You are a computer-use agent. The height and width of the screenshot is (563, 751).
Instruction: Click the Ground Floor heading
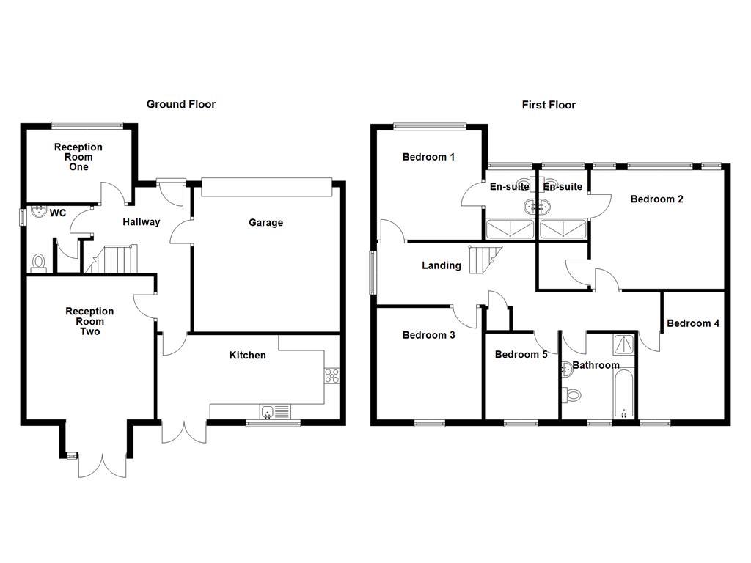click(x=181, y=104)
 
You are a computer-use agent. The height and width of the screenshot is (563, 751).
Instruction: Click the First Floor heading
click(x=549, y=105)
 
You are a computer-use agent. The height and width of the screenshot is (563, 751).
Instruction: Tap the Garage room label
click(x=265, y=223)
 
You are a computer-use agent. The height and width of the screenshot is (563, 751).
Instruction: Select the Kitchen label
click(x=248, y=356)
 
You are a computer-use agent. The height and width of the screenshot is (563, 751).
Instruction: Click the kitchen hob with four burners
click(x=331, y=375)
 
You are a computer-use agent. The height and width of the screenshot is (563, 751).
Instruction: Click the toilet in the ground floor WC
click(x=39, y=262)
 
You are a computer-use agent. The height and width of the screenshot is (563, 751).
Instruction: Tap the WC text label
click(x=58, y=213)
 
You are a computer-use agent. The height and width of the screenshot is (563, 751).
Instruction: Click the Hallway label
click(x=141, y=222)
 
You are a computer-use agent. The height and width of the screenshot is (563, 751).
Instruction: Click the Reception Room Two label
click(x=89, y=322)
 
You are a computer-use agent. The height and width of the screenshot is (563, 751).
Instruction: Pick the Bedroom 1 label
click(x=428, y=157)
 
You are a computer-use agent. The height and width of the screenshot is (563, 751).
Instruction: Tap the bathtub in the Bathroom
click(x=624, y=394)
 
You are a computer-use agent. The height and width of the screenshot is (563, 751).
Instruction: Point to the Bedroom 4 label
click(x=693, y=323)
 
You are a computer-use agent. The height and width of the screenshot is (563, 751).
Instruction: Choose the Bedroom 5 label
click(x=521, y=355)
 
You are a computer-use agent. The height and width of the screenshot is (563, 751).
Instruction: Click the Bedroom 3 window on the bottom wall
click(x=429, y=423)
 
